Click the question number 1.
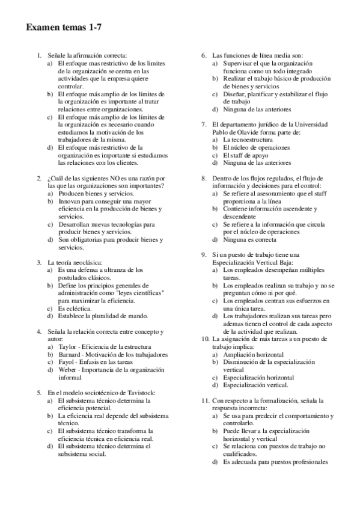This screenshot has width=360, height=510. [x=39, y=55]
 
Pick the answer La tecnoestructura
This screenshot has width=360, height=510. [x=248, y=139]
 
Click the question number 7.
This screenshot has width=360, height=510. [x=204, y=124]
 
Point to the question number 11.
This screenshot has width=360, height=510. [x=206, y=400]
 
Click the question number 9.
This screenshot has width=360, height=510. [x=204, y=255]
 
